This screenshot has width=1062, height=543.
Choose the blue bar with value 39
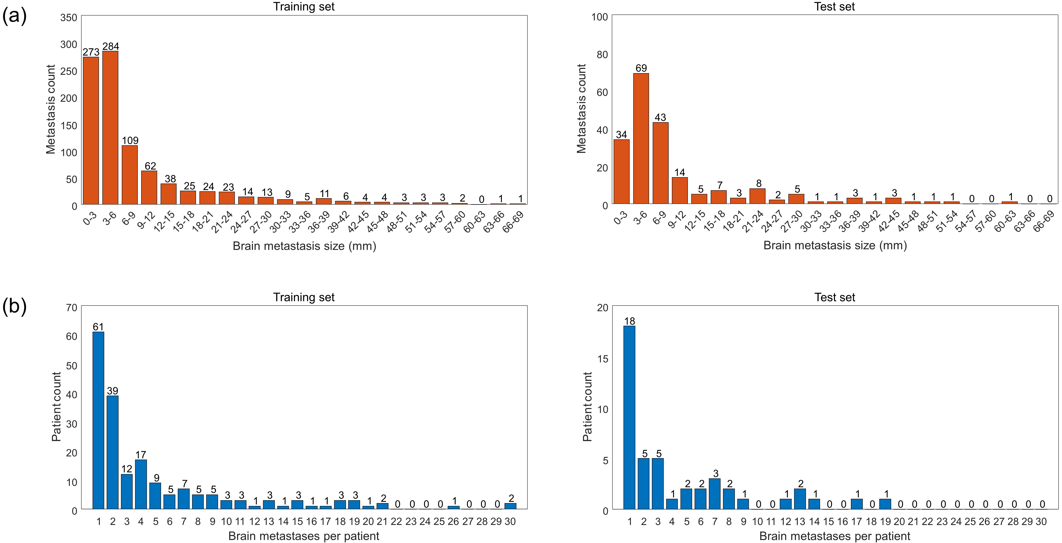113,452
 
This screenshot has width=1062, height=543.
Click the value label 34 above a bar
621,135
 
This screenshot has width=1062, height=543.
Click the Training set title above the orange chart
304,7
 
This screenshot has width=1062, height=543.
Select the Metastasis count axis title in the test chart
581,109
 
